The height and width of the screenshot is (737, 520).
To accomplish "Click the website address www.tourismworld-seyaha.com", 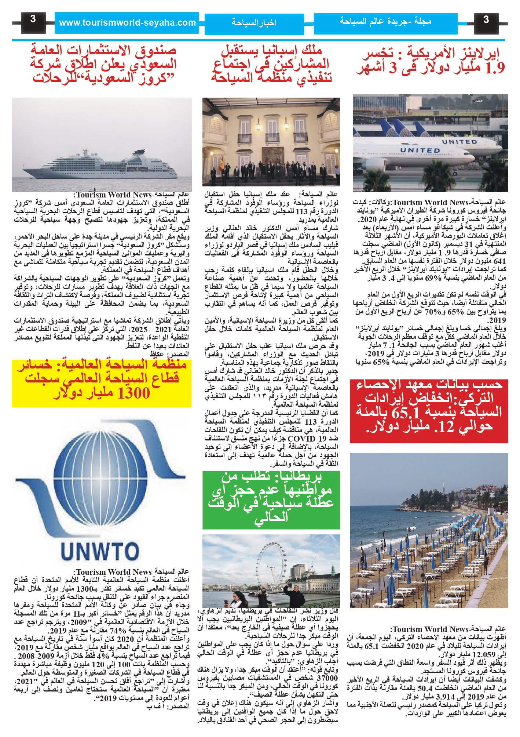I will (x=127, y=23).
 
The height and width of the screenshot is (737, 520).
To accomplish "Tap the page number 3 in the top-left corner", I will (x=33, y=19).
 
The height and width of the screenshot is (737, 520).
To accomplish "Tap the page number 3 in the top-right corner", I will (x=486, y=19).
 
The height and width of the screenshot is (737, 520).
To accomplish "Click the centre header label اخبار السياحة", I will (x=254, y=23).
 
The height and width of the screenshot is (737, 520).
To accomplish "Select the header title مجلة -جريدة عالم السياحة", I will (x=385, y=21).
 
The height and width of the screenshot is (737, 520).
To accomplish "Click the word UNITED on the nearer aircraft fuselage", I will (x=420, y=150).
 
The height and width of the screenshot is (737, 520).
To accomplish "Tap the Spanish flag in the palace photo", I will (x=221, y=164).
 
